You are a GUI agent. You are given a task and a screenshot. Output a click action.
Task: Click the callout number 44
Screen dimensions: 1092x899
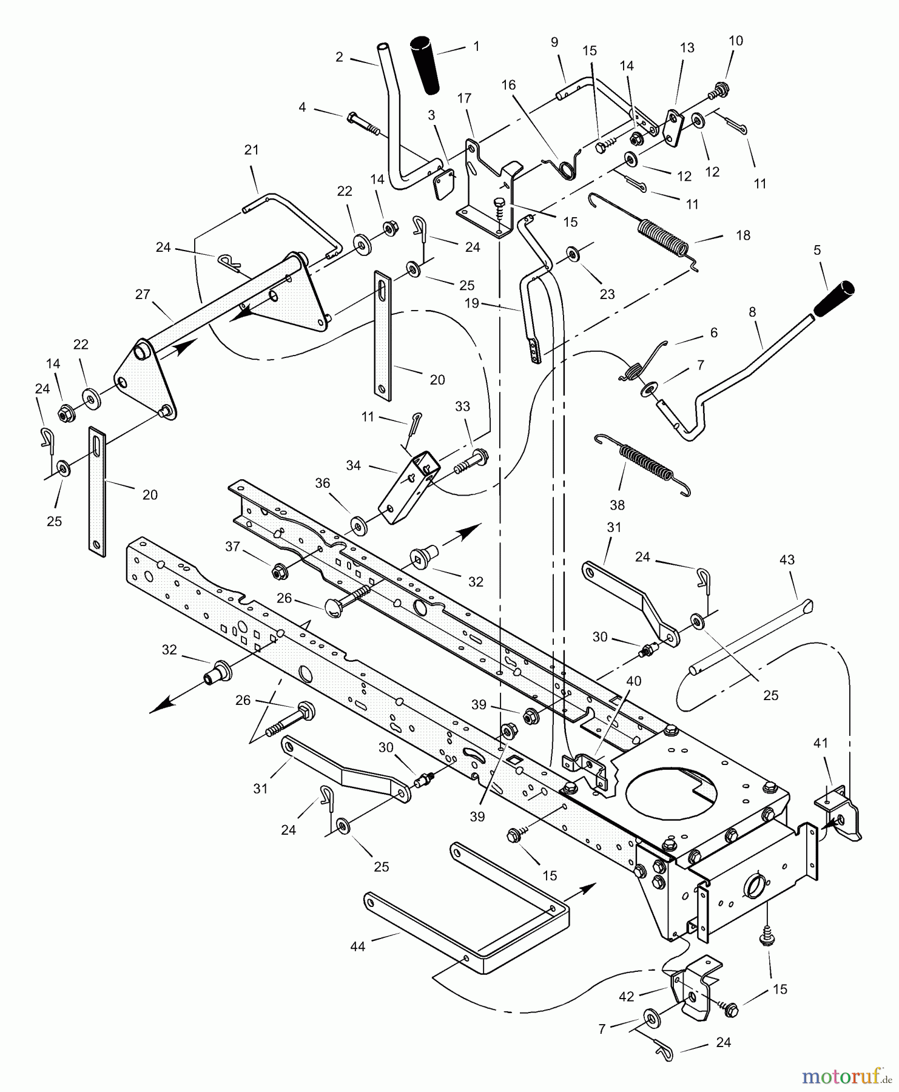coord(358,946)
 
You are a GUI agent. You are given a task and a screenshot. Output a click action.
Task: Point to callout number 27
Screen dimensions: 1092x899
coord(143,295)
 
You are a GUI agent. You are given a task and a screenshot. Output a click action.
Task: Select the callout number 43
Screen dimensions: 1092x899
coord(787,560)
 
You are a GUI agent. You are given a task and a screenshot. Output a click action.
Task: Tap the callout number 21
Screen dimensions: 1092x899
coord(251,150)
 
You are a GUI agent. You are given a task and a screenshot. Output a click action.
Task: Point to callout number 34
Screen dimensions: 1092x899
coord(353,465)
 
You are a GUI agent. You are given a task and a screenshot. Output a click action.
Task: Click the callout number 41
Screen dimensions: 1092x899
coord(820,743)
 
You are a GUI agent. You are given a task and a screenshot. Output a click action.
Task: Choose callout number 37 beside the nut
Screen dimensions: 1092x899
coord(233,547)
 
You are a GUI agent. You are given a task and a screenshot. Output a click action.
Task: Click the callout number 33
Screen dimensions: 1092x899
coord(462,406)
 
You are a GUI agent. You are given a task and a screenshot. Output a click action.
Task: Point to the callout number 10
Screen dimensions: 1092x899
coord(735,41)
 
